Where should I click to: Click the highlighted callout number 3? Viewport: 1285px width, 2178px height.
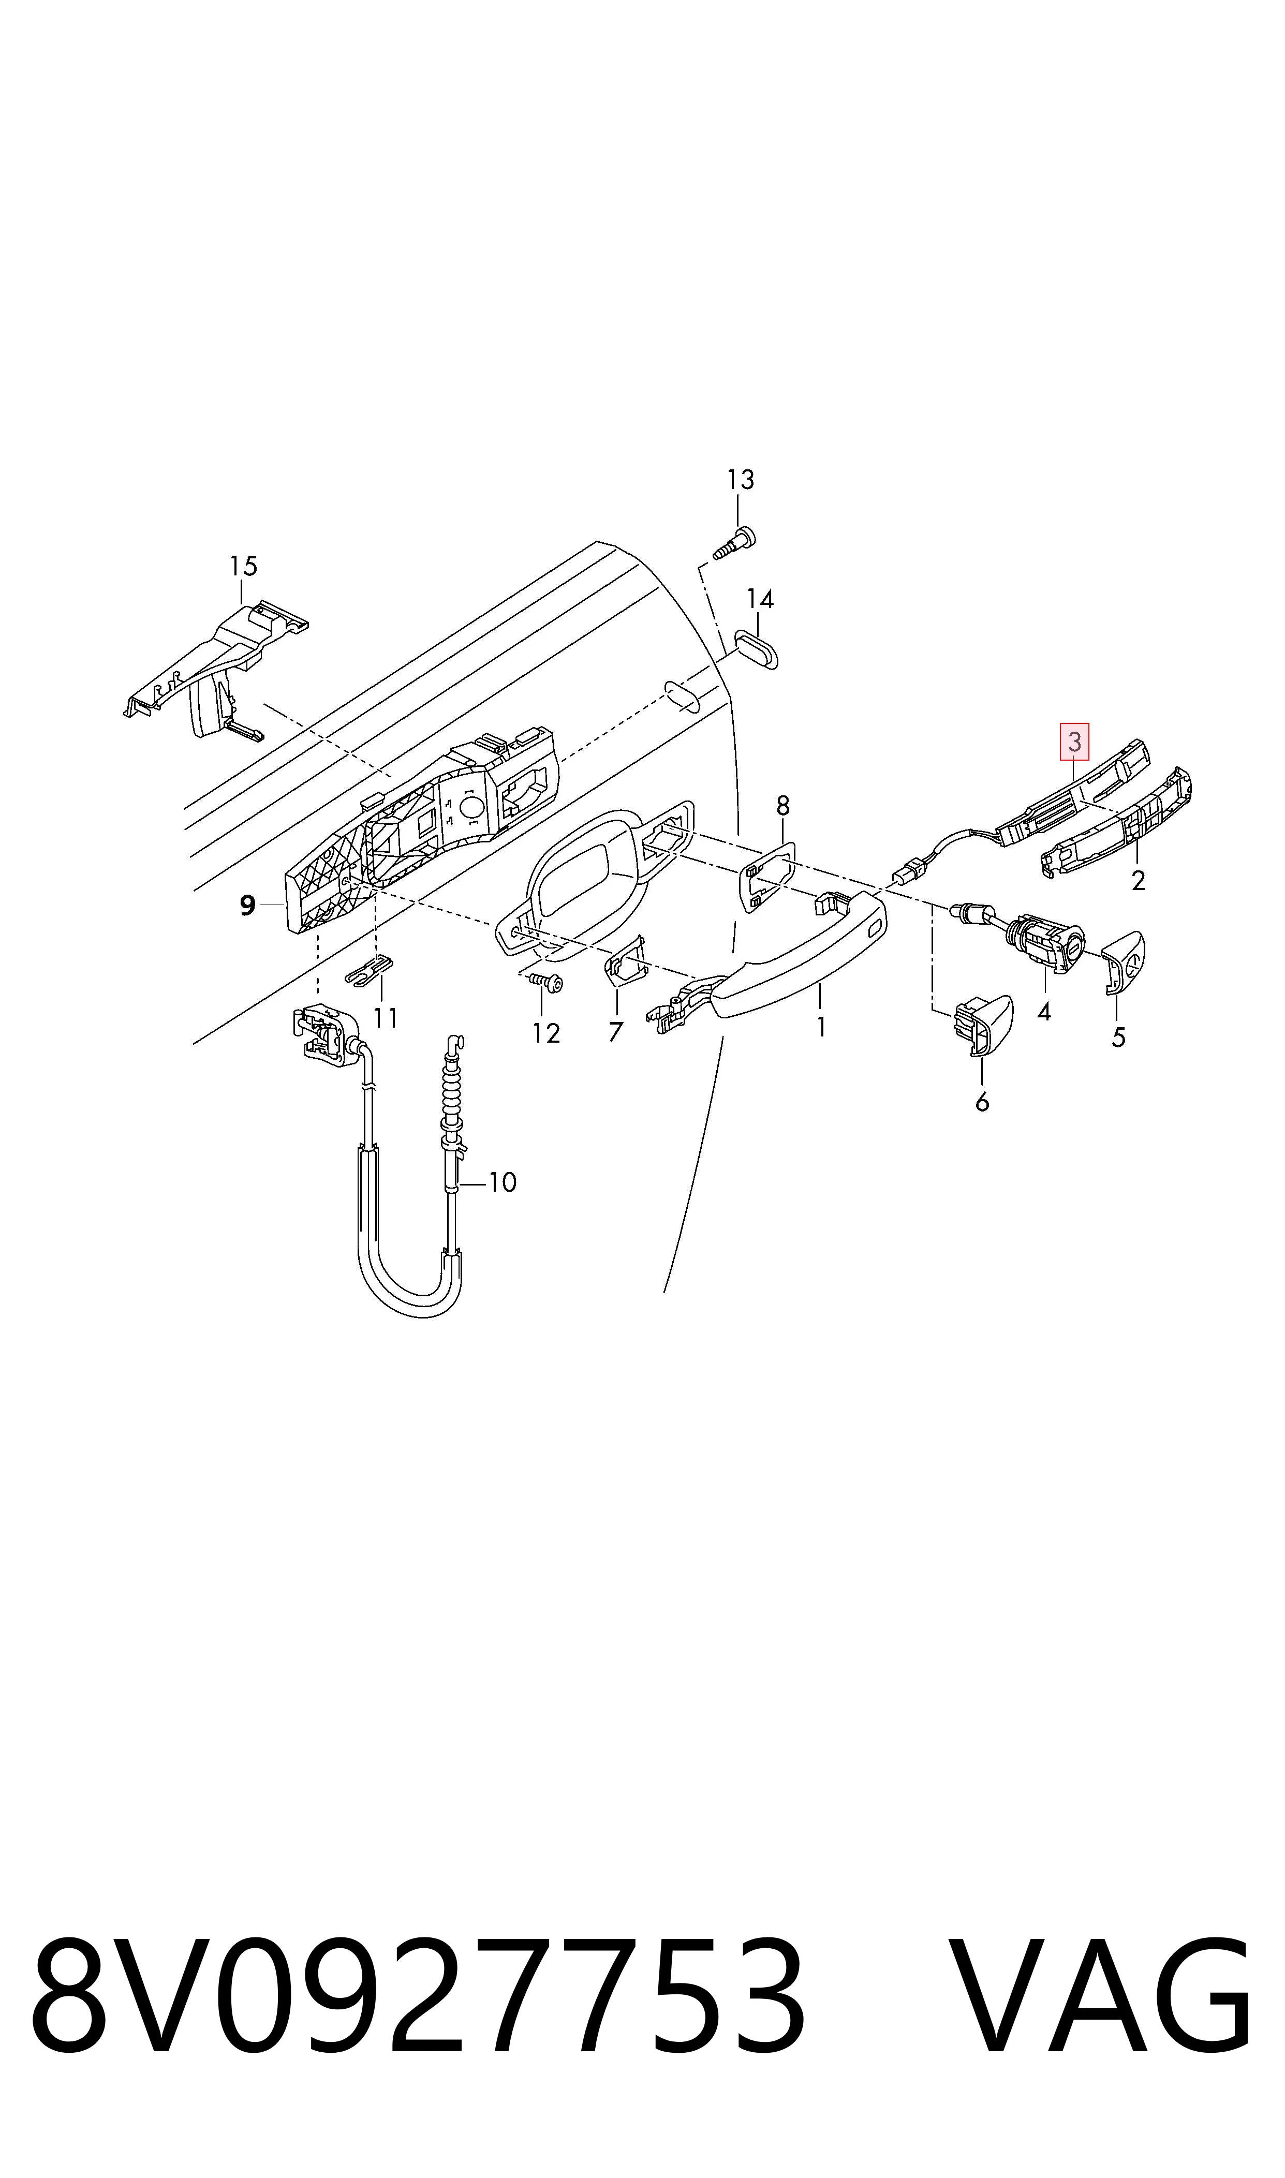1074,742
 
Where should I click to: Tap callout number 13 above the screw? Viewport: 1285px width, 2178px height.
741,480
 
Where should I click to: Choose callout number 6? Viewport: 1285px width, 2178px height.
982,1102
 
